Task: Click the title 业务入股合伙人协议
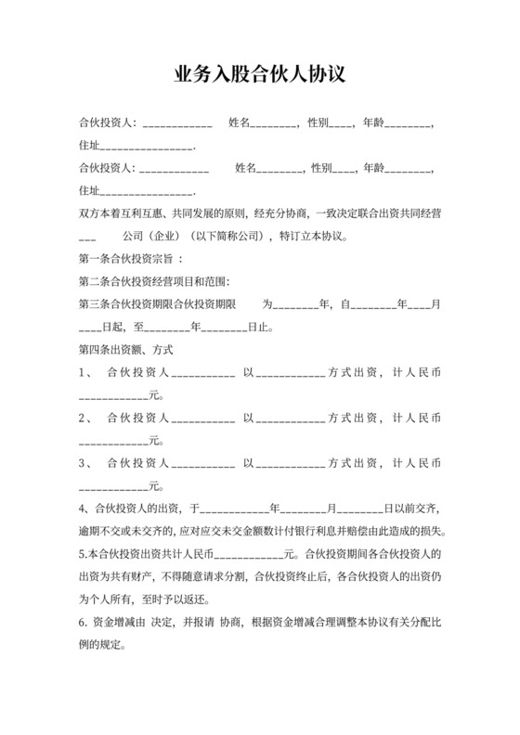(260, 74)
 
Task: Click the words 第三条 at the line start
(95, 303)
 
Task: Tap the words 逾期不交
(99, 531)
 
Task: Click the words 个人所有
(113, 600)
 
